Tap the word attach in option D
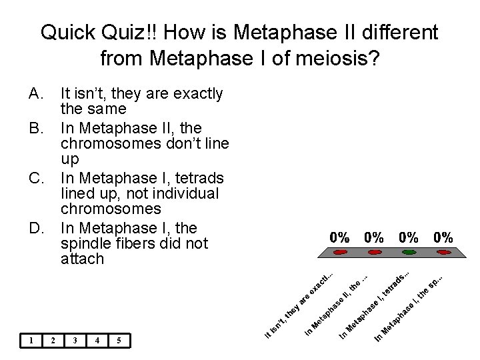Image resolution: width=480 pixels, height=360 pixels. pos(82,259)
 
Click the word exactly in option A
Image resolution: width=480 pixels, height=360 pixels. pos(198,93)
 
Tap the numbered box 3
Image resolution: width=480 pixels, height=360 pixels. pos(75,341)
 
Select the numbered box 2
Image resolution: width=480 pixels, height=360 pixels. pos(53,341)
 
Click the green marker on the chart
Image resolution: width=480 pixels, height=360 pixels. pos(409,253)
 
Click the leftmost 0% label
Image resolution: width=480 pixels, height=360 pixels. pos(340,237)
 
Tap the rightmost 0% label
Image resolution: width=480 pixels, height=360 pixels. pos(443,237)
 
